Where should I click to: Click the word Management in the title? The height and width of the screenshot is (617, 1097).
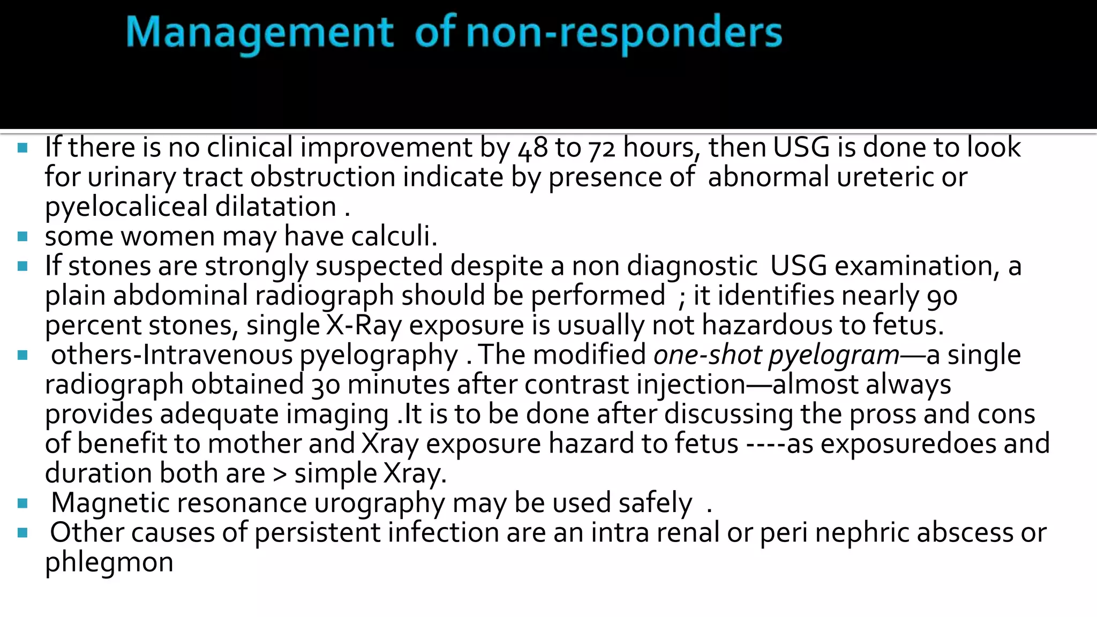click(260, 33)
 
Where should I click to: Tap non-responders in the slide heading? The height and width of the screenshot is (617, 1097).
click(624, 33)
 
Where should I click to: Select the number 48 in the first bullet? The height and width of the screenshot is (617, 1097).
click(533, 148)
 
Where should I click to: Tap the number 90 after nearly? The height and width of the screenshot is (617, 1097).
click(942, 296)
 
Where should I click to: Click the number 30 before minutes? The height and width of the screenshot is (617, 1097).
click(326, 385)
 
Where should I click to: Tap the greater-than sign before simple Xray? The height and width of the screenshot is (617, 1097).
click(280, 473)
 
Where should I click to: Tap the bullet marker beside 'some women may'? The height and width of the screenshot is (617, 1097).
click(22, 236)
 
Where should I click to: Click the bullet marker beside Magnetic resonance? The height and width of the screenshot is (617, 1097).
click(22, 503)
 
